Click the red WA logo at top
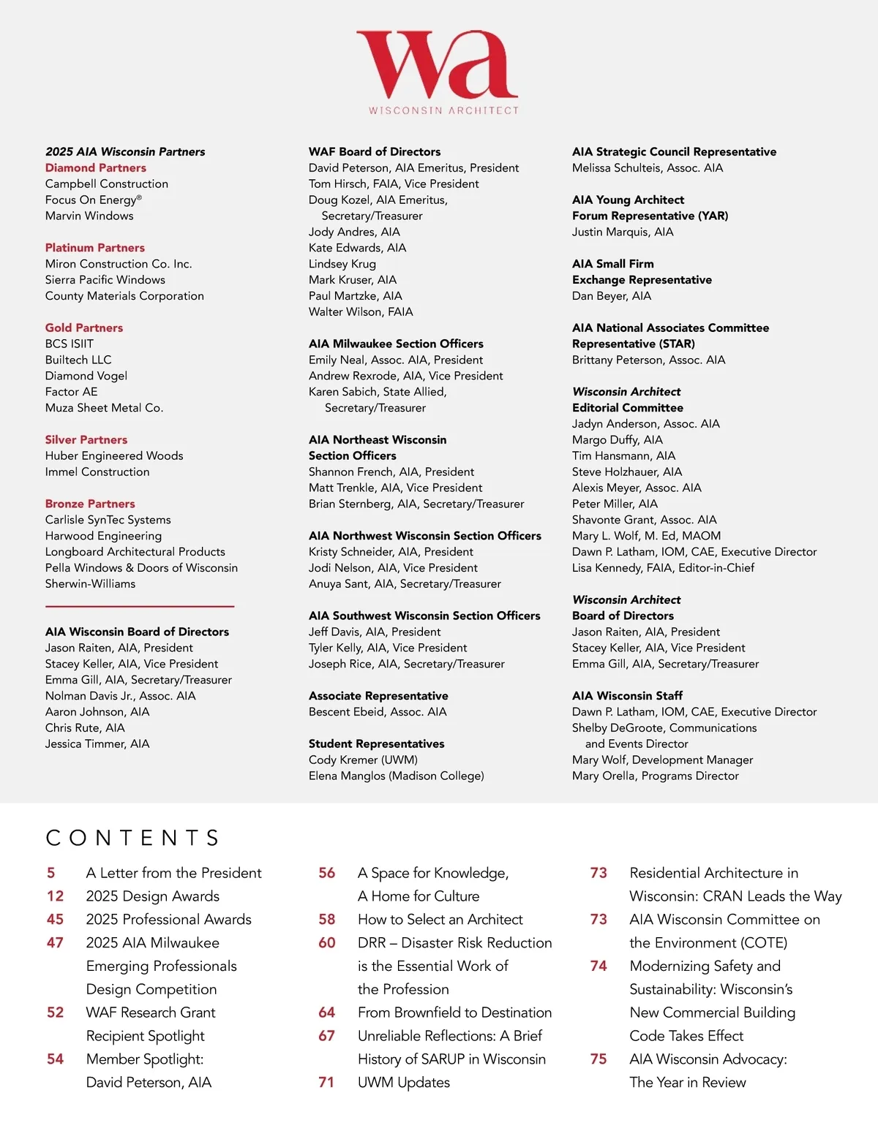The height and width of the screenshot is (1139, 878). tap(438, 65)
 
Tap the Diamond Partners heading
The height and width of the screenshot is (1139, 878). tap(96, 168)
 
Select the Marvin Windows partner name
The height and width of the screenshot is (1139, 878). tap(89, 216)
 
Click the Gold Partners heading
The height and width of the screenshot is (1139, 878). tap(84, 328)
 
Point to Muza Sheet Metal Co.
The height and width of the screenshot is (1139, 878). tap(104, 408)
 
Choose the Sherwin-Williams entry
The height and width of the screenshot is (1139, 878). tap(90, 584)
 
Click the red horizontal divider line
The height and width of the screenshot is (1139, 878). tap(140, 606)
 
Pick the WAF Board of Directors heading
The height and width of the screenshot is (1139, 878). tap(375, 152)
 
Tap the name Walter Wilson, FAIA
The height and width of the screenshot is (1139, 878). tap(361, 312)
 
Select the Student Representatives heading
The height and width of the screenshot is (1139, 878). tap(376, 744)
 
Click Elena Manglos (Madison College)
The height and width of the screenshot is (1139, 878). tap(396, 776)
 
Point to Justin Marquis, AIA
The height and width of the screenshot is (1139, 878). tap(623, 232)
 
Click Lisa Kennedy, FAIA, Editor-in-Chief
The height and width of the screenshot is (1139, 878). tap(663, 568)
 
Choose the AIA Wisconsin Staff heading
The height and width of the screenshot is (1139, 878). tap(627, 696)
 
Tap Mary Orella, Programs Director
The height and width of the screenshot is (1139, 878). tap(655, 776)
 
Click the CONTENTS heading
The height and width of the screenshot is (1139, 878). tap(132, 838)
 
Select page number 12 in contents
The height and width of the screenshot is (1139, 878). tap(56, 896)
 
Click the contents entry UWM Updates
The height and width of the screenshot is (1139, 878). tap(404, 1083)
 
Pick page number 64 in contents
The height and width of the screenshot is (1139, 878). tap(326, 1013)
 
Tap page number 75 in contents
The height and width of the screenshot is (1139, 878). tap(599, 1059)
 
